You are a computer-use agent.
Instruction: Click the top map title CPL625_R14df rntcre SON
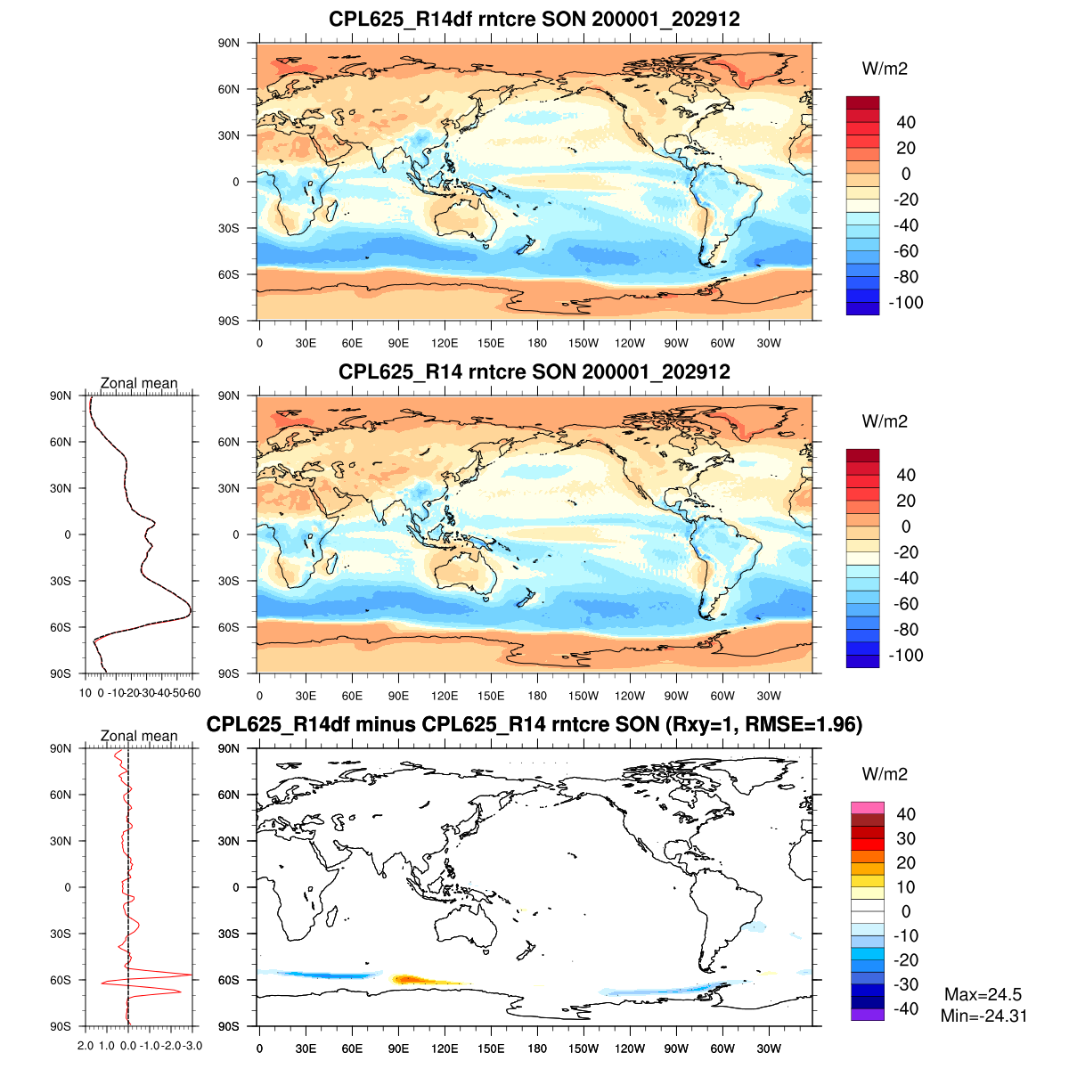tap(534, 19)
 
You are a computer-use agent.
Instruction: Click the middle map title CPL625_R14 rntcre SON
tap(534, 371)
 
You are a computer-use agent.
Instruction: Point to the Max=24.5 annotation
tap(983, 995)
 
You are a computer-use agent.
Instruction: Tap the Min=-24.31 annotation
tap(983, 1016)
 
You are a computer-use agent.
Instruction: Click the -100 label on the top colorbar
tap(906, 303)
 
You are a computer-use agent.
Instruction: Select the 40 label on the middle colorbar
tap(906, 475)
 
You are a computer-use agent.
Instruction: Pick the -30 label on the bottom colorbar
tap(906, 984)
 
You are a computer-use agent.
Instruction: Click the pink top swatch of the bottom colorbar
tap(867, 808)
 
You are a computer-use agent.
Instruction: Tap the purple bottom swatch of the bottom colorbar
tap(867, 1015)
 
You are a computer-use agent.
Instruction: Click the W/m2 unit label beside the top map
tap(885, 69)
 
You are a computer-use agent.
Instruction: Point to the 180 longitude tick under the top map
tap(537, 343)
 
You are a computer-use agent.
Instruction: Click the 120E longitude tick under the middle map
tap(445, 696)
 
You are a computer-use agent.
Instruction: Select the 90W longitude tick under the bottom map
tap(676, 1049)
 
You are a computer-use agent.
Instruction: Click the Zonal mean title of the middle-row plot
tap(139, 384)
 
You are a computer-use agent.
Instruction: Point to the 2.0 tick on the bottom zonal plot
tap(86, 1045)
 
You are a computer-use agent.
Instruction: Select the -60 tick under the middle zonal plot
tap(193, 693)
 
